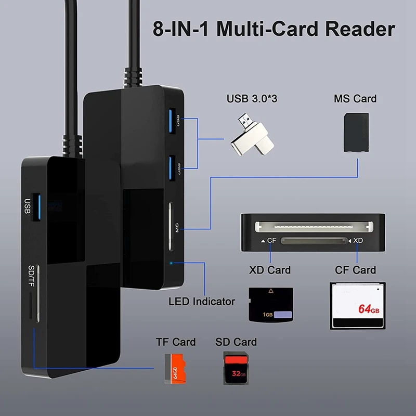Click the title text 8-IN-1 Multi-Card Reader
point(274,29)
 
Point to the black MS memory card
point(356,133)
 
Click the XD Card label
point(269,270)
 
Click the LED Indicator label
point(202,301)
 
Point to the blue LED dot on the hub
point(172,263)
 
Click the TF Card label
point(176,342)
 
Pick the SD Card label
point(236,342)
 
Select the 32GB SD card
point(237,368)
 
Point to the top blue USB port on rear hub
point(172,121)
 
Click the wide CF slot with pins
point(313,227)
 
